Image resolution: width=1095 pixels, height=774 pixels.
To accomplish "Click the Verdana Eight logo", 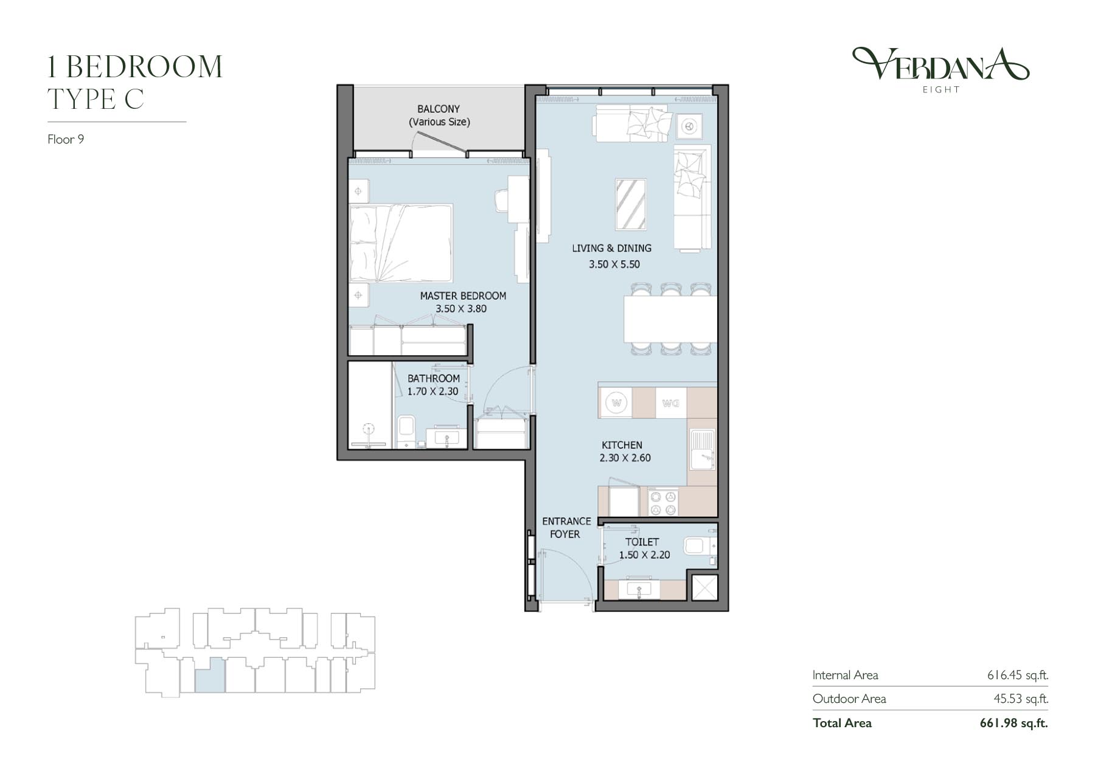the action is point(940,71).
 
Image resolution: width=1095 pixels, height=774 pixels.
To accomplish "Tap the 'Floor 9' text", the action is point(66,139).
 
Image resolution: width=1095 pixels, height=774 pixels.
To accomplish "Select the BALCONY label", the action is point(439,109).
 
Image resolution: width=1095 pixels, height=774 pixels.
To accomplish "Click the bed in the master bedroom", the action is point(401,243).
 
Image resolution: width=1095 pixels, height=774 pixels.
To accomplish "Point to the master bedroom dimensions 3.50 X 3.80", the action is point(461,309).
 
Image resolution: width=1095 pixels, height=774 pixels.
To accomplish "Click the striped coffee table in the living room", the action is point(631,204).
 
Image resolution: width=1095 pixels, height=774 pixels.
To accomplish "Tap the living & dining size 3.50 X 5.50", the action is point(614,264).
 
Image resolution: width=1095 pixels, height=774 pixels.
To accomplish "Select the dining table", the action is point(670,319).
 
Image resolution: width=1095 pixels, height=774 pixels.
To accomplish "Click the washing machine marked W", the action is point(617,403).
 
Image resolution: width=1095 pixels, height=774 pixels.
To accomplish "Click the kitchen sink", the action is point(703,450).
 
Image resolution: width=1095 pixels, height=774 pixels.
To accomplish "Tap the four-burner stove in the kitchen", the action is point(663,502).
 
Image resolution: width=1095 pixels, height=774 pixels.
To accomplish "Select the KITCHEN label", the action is point(622,445).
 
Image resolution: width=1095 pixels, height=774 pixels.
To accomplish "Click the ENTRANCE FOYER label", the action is point(566,528).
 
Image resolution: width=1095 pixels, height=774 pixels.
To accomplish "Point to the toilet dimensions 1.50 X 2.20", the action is point(644,555).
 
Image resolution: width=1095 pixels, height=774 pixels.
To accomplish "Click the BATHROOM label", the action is point(434,378).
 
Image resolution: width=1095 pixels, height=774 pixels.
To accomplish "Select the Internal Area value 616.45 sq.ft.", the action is point(1018,675).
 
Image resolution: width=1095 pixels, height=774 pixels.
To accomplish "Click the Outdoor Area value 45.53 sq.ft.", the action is point(1021,699).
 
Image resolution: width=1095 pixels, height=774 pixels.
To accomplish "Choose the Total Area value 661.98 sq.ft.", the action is point(1014,723).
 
